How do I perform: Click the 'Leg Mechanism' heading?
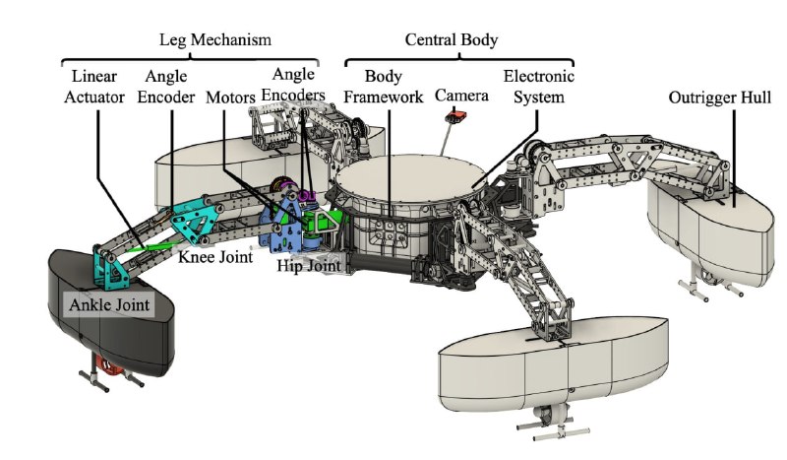coord(215,39)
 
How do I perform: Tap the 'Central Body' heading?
coord(452,39)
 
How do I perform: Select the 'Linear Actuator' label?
coord(94,87)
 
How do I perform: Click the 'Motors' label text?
coord(230,98)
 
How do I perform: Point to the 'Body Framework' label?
coord(384,87)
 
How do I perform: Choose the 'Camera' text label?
coord(461,95)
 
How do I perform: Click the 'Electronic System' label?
coord(538,87)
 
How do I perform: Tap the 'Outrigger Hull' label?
coord(720,98)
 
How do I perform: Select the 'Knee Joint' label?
coord(215,257)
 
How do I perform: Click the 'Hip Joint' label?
coord(309,265)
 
